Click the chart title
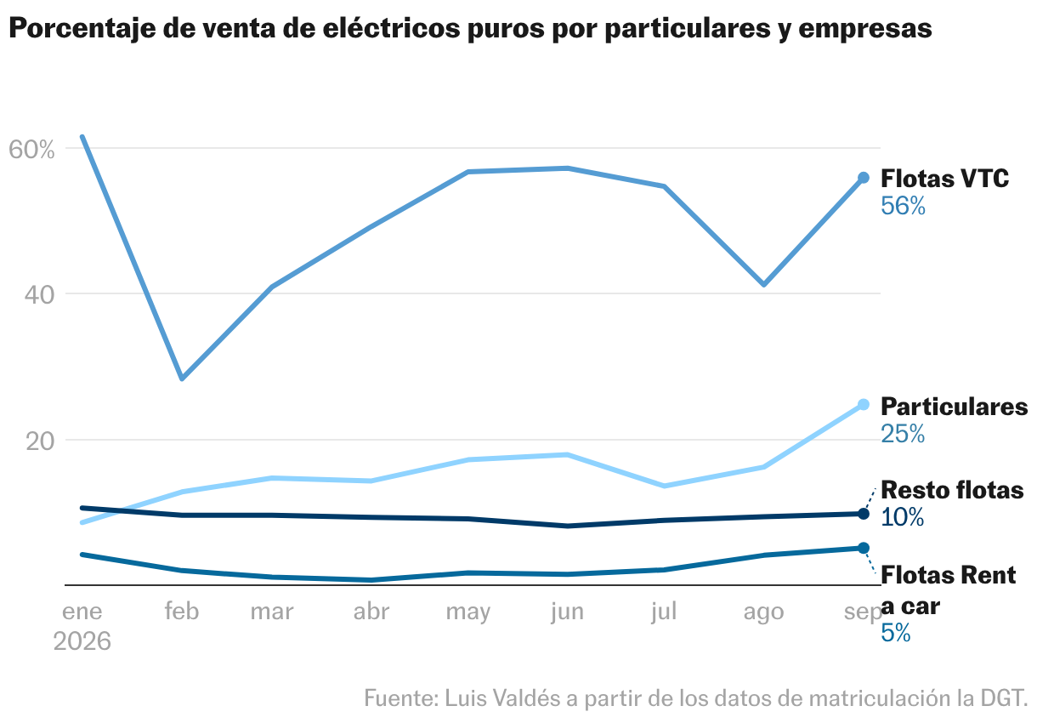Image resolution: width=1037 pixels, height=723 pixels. (x=470, y=29)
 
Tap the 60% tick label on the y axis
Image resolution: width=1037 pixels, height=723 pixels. (x=31, y=150)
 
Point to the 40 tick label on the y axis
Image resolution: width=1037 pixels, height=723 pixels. (x=39, y=295)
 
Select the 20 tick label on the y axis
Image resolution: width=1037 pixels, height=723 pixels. (x=40, y=441)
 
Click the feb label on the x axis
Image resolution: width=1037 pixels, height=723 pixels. (x=182, y=611)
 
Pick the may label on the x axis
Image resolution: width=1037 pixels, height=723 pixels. (x=467, y=612)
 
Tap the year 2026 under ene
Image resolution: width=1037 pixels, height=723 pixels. (x=82, y=641)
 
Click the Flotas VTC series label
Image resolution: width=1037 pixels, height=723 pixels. (x=944, y=179)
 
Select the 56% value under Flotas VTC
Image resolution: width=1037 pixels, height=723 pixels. (x=903, y=206)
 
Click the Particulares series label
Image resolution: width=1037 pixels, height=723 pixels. (x=954, y=407)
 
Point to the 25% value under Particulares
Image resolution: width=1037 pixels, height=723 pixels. (x=903, y=434)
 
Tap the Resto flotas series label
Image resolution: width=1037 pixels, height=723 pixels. (x=952, y=490)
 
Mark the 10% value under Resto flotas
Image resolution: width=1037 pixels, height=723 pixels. (x=902, y=517)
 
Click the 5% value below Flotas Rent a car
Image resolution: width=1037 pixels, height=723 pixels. (x=895, y=633)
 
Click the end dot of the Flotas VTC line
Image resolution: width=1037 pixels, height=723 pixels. (x=864, y=178)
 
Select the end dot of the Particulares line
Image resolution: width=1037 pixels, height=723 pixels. (x=864, y=404)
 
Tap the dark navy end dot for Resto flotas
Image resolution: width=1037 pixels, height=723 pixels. (x=864, y=514)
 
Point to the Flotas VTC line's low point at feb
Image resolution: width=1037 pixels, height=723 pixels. (x=183, y=379)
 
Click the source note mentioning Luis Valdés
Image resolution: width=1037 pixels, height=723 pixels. (x=695, y=698)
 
